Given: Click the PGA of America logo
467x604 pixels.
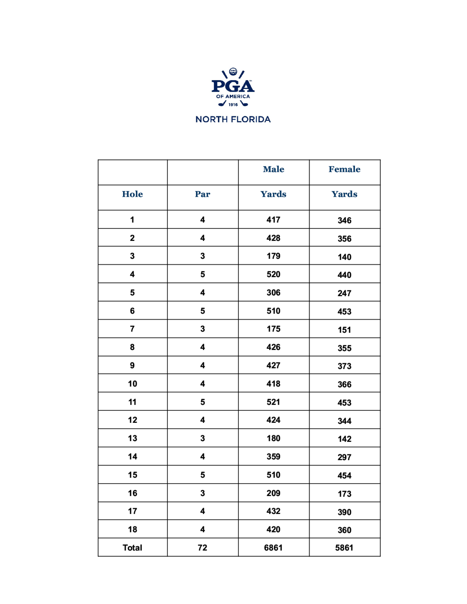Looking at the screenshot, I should (233, 87).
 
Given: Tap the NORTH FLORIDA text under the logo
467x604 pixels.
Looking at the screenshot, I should (233, 119).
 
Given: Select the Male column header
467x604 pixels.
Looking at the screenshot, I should (273, 169).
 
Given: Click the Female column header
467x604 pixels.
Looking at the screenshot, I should (344, 169).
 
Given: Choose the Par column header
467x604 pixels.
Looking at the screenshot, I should (202, 194).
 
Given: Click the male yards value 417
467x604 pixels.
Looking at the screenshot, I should (273, 220).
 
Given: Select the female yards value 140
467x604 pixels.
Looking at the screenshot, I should (344, 257).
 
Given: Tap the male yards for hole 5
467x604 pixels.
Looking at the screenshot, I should (273, 293).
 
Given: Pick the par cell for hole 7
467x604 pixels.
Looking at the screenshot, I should (202, 329).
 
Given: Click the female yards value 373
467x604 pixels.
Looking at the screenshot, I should (344, 366).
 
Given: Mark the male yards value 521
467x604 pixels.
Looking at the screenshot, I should (273, 402).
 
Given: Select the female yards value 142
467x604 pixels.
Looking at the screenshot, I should (344, 439).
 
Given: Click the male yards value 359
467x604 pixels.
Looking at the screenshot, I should (273, 456).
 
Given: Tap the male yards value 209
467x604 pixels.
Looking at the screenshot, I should (273, 493).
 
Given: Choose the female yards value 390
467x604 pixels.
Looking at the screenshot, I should (344, 512).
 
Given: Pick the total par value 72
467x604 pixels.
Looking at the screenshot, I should (202, 548).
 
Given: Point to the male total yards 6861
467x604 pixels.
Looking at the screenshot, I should (273, 548).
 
